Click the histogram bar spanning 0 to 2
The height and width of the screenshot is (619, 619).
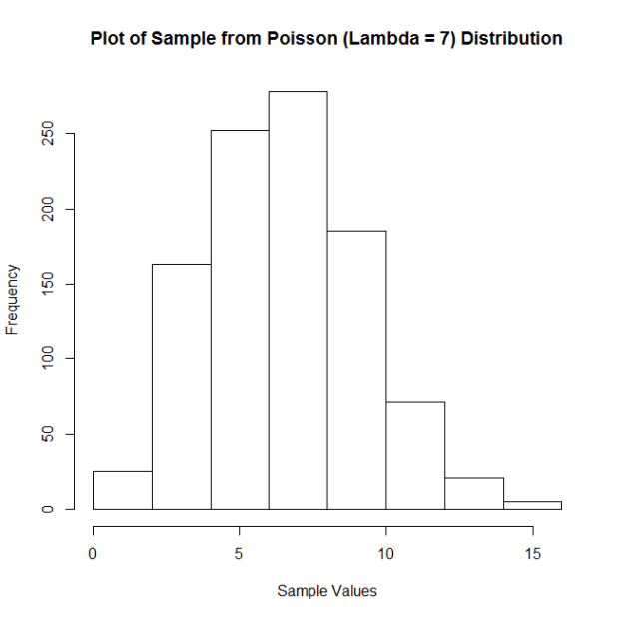tap(123, 490)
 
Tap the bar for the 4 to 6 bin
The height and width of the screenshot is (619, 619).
tap(240, 319)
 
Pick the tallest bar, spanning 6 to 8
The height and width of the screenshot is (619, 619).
tap(299, 300)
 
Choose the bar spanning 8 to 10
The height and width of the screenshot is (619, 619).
tap(357, 369)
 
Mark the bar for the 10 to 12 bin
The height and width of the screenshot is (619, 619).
tap(415, 455)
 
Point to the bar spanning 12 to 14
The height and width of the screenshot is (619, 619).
tap(474, 493)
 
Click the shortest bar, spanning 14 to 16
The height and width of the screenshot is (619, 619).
tap(533, 505)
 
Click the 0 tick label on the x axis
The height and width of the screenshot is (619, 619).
tap(93, 550)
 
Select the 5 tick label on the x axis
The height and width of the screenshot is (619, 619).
tap(240, 550)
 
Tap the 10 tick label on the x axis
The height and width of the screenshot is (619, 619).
tap(386, 550)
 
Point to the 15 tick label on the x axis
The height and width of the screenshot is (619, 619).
tap(533, 550)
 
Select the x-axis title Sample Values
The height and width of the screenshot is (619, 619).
tap(327, 591)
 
